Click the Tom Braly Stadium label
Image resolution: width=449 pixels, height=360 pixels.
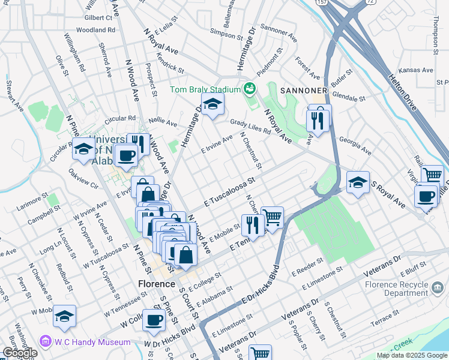tap(205, 90)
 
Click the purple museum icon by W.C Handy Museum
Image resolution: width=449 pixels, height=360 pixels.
tap(44, 342)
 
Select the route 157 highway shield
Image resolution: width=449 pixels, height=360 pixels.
tap(322, 3)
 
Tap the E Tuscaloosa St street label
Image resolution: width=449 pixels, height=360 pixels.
tap(230, 192)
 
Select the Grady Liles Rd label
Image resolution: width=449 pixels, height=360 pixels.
tap(251, 127)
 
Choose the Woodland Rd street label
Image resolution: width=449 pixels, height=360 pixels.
tap(95, 29)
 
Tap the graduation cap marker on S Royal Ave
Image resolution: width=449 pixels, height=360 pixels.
tap(358, 182)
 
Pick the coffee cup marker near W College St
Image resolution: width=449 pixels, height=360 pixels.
tap(154, 320)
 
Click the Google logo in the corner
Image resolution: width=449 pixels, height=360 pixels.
tap(20, 353)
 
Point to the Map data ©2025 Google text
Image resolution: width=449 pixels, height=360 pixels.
tap(412, 355)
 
